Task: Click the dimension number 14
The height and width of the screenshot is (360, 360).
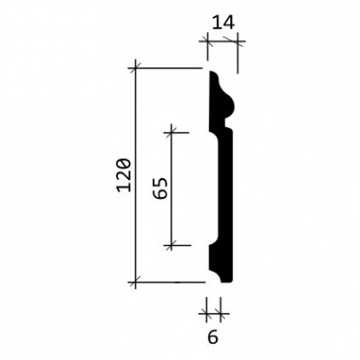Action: (x=223, y=22)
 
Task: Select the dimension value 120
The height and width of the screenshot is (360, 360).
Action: (x=124, y=175)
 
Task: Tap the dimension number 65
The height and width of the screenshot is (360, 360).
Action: (x=160, y=188)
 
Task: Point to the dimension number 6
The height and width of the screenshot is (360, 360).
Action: (x=212, y=338)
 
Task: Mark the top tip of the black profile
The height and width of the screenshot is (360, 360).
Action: (x=211, y=72)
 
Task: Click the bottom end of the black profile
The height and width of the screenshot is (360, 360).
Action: (x=227, y=282)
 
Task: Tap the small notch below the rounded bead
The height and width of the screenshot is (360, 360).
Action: (x=227, y=123)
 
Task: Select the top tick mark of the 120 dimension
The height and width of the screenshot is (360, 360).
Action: (x=135, y=68)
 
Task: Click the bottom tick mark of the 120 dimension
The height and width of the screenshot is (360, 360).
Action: (x=135, y=282)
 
